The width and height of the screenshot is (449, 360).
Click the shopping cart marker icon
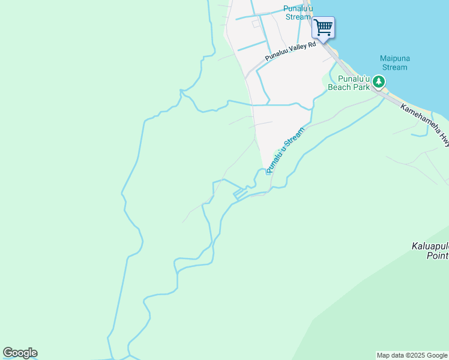[323, 27]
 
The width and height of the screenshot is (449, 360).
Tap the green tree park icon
[379, 81]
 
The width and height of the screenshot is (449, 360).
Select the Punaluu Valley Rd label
[291, 52]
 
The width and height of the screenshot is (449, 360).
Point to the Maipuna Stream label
[394, 63]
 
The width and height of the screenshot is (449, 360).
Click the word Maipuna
[394, 58]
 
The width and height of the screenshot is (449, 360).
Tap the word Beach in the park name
[341, 87]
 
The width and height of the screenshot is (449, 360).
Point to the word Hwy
[442, 137]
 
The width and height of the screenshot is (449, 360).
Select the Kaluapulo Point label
[430, 251]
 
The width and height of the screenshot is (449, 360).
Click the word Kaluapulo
[430, 246]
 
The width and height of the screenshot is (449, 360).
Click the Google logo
[20, 353]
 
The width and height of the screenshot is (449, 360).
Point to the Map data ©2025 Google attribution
[412, 355]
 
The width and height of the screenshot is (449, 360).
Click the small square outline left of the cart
[256, 23]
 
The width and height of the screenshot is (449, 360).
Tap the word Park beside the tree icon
[361, 87]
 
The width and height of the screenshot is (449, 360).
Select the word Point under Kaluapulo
[438, 256]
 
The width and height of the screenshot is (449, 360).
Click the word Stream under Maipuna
[394, 67]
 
